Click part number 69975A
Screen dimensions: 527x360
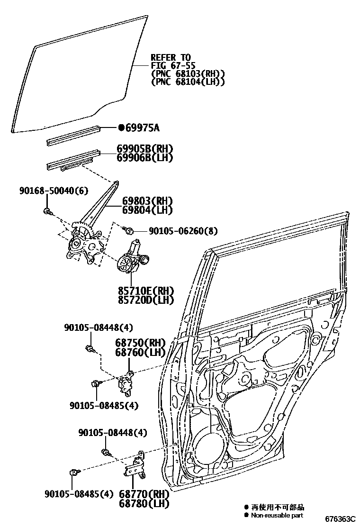[x=143, y=127]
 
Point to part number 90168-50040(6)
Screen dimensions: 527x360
[x=54, y=191]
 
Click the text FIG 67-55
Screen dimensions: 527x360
[x=173, y=65]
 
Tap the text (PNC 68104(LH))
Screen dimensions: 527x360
[x=188, y=82]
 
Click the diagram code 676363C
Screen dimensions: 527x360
[x=340, y=519]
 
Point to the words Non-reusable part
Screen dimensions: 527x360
[x=277, y=515]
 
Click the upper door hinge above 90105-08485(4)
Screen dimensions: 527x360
[x=126, y=382]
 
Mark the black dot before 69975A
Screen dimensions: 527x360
[x=121, y=127]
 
